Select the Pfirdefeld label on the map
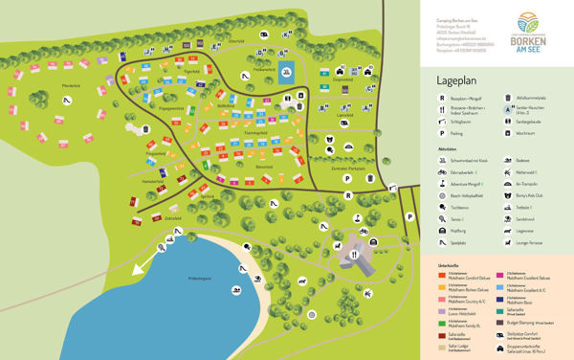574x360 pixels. tap(44, 87)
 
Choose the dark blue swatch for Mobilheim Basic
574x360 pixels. tap(499, 300)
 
